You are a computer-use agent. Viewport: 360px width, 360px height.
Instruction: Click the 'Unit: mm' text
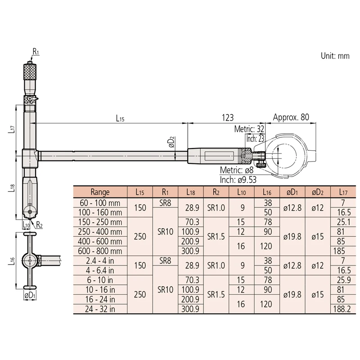[x=335, y=56]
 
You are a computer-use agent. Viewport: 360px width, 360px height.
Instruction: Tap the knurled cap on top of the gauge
[x=30, y=71]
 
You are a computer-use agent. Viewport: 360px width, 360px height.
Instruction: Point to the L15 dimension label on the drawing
[x=120, y=118]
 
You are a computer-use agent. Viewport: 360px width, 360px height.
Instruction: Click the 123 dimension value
[x=228, y=117]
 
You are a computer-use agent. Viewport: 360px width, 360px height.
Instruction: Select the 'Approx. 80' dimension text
[x=291, y=117]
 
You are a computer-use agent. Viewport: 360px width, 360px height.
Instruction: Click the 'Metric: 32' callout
[x=249, y=129]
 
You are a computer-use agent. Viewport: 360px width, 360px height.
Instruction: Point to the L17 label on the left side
[x=12, y=129]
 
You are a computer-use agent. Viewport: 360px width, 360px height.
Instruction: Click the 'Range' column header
[x=100, y=192]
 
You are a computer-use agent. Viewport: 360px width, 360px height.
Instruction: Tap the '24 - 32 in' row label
[x=100, y=309]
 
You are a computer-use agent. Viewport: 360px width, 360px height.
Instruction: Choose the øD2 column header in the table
[x=318, y=192]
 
